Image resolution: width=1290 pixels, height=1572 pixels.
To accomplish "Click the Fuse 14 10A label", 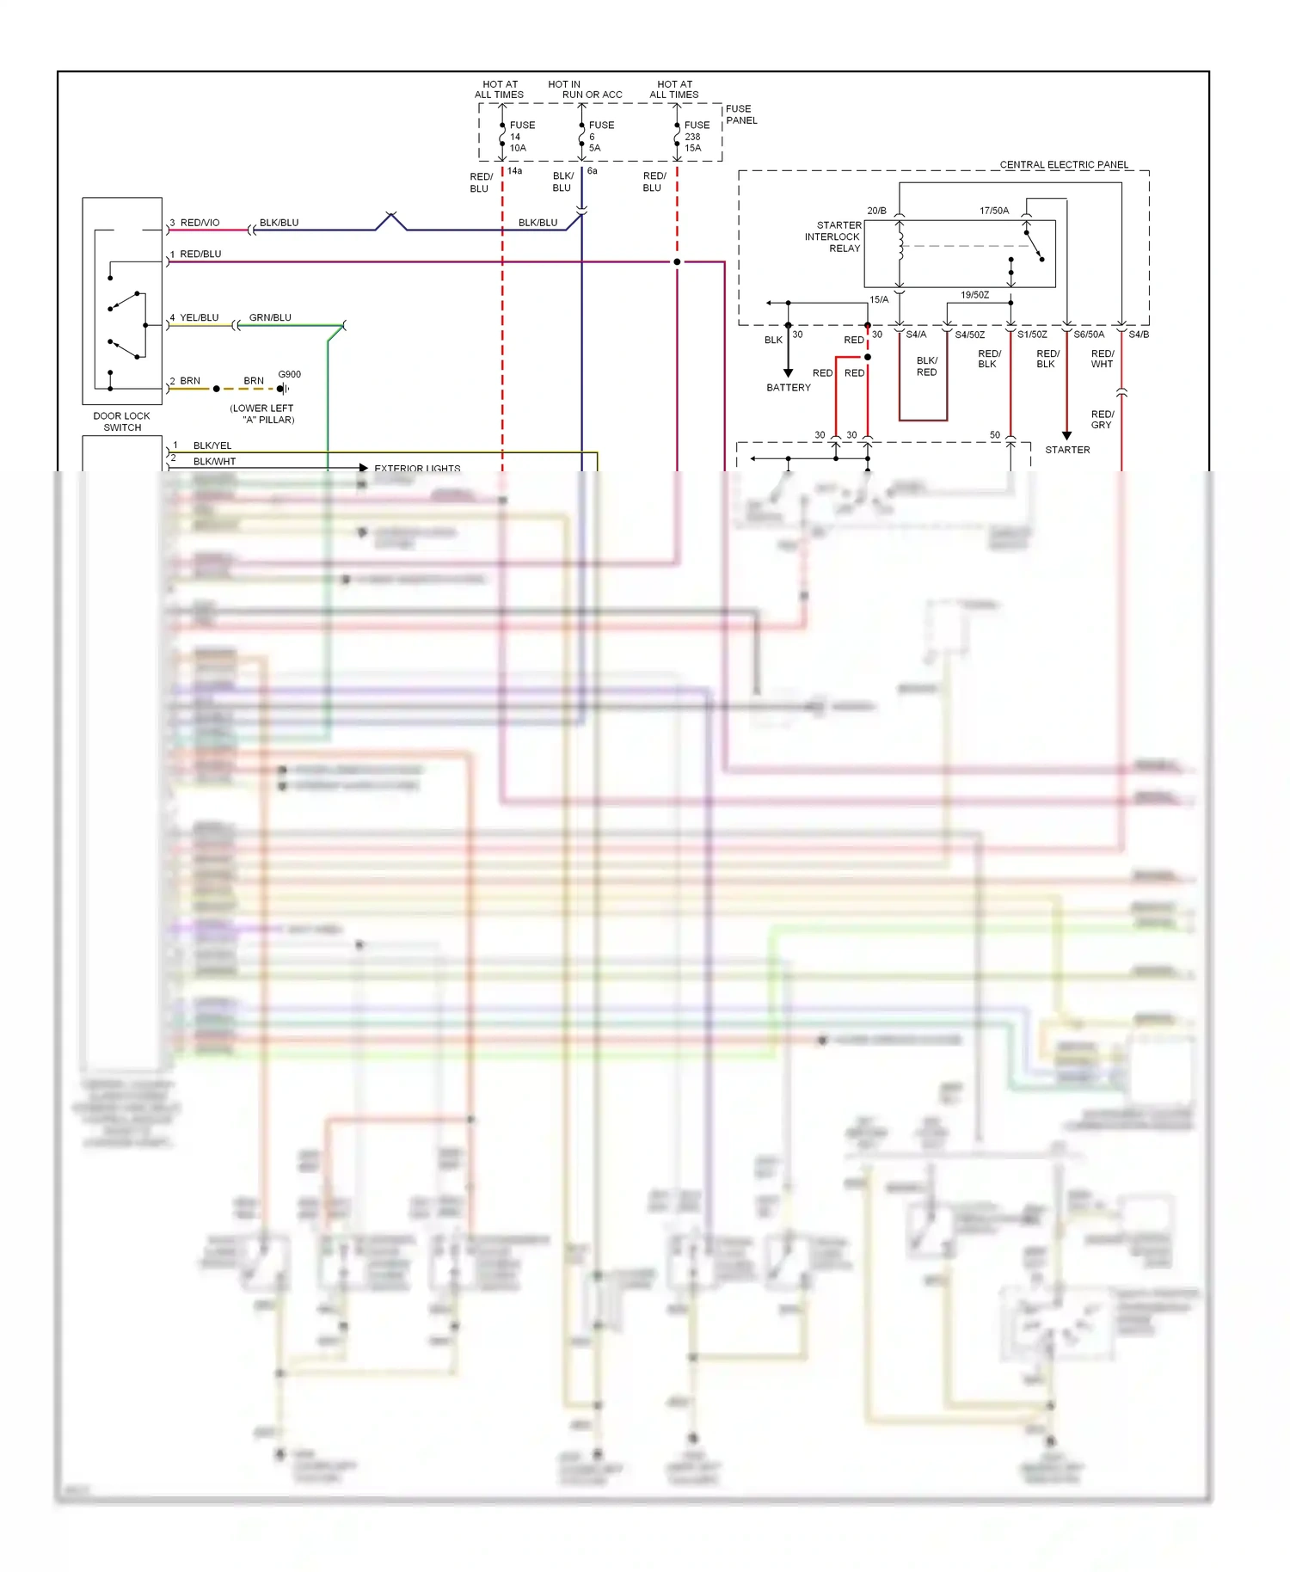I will [520, 137].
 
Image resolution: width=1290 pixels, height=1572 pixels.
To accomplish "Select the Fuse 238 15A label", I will [696, 137].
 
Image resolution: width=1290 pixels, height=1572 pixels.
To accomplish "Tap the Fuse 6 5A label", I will [600, 137].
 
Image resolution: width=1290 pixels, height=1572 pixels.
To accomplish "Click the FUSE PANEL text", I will [740, 114].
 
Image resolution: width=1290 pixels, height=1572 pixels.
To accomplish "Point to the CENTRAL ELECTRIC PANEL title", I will [1063, 164].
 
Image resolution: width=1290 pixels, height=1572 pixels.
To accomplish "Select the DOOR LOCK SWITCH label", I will [121, 421].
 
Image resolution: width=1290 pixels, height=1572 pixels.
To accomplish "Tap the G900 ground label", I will [289, 374].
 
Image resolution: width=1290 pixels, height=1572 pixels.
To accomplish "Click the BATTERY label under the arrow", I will [788, 388].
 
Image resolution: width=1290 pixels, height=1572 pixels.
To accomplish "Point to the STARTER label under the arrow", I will [1066, 450].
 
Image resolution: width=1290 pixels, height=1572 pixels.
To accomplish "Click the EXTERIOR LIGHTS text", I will [417, 469].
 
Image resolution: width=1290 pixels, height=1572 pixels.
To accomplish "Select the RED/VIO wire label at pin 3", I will [200, 223].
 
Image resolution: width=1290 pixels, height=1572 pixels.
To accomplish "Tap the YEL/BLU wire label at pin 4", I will [199, 317].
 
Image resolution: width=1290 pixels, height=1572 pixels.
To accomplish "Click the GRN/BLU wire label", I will [270, 317].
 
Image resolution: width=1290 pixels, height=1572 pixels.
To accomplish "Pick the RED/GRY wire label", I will [1102, 420].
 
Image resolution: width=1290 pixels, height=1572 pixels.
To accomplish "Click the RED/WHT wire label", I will [1102, 359].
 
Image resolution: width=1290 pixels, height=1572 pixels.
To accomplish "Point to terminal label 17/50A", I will [993, 211].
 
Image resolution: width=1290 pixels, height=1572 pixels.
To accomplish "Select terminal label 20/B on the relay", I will [876, 211].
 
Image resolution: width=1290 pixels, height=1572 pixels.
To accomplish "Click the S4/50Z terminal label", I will [969, 335].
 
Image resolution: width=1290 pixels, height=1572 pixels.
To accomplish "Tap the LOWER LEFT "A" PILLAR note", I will [262, 414].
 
